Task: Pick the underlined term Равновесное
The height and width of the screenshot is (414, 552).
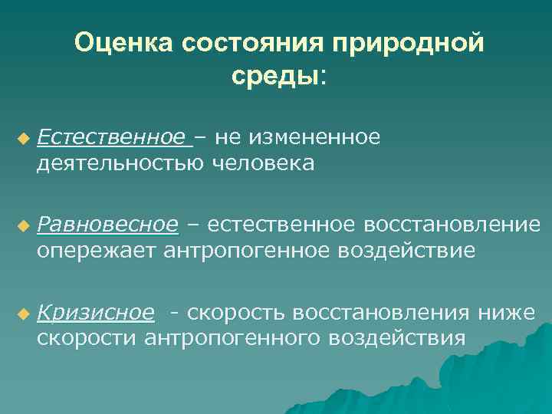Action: click(x=107, y=225)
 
